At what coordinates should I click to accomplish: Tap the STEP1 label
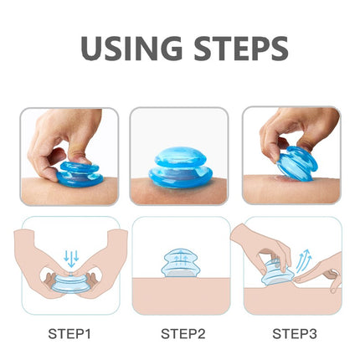[x=69, y=333]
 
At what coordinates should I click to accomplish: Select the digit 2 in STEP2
[x=200, y=333]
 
